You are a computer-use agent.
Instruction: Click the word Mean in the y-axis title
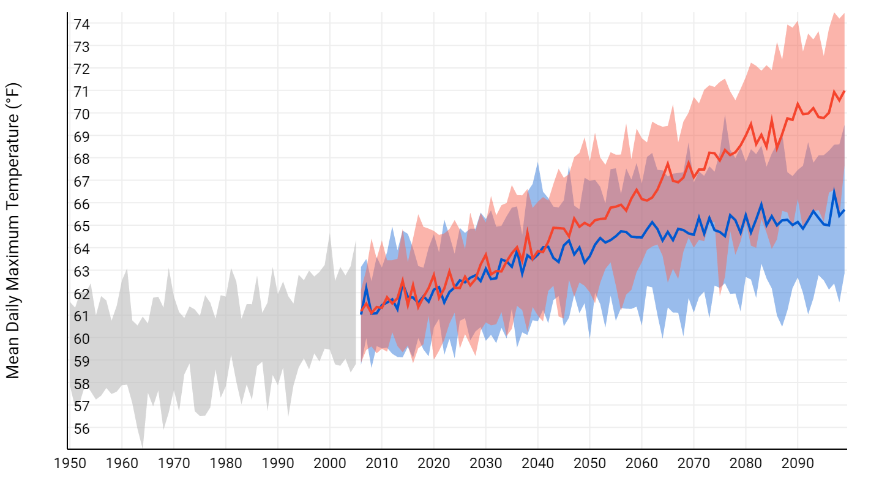click(13, 358)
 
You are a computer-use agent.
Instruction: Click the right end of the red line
click(845, 91)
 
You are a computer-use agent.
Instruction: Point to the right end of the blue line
click(845, 211)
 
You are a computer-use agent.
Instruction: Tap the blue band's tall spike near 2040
click(537, 163)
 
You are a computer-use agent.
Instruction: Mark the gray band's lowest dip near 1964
click(143, 446)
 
